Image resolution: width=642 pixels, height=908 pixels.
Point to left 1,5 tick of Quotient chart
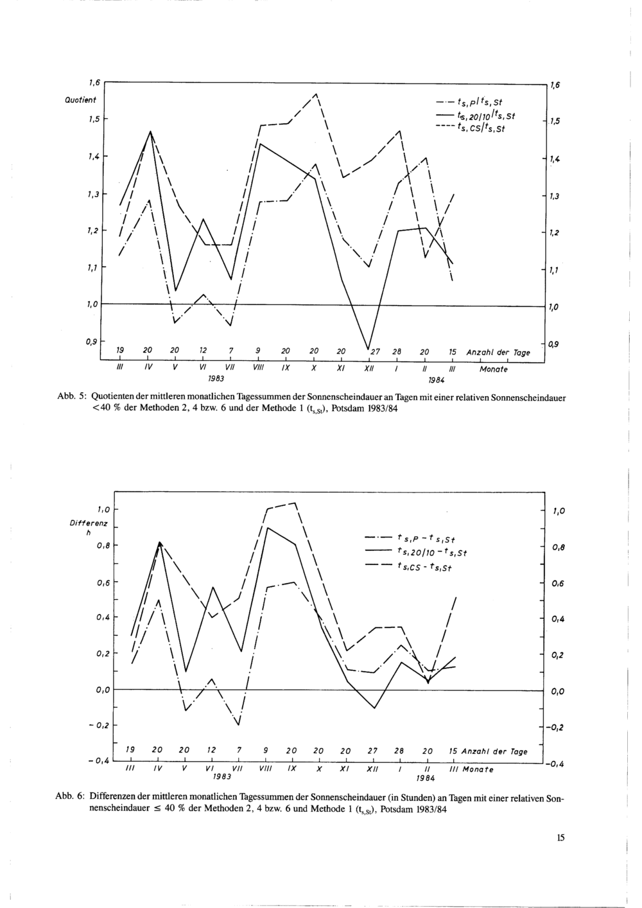coord(94,119)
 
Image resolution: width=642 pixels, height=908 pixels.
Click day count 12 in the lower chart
coord(211,751)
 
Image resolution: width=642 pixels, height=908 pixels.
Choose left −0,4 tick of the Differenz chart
coord(98,762)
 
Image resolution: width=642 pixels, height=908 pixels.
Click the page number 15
coord(560,837)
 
